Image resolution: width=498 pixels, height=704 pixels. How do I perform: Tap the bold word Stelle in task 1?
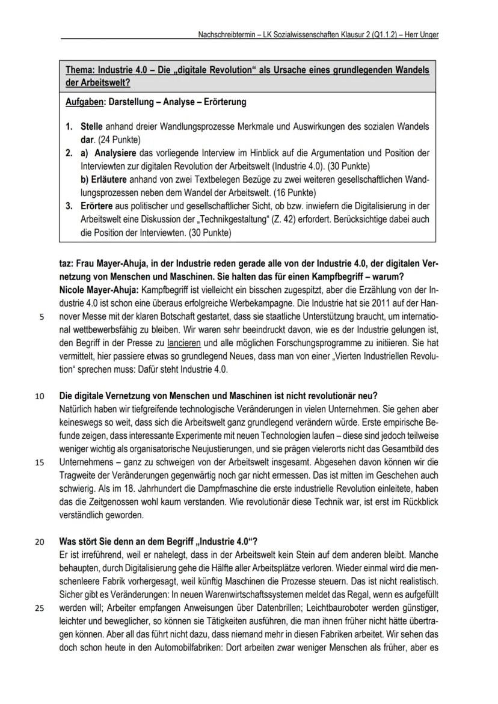point(93,128)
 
